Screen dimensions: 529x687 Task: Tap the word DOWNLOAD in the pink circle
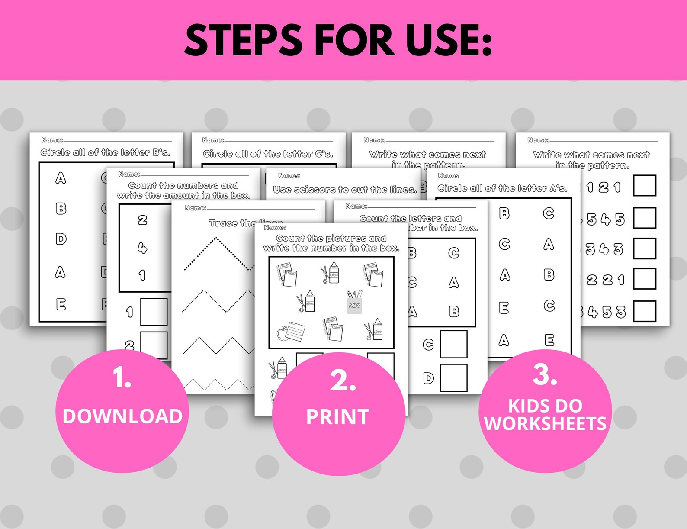pos(122,416)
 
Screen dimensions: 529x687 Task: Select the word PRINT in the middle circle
pos(337,417)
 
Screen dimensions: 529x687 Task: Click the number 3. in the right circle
pos(545,375)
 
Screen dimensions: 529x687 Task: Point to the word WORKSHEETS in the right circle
pos(545,424)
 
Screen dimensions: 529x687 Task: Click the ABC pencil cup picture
pos(354,302)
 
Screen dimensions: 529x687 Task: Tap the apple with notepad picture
pos(291,332)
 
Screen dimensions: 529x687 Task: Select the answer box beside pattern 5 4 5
pos(645,218)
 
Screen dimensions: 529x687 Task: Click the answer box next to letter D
pos(453,378)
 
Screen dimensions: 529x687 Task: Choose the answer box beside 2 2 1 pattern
pos(645,279)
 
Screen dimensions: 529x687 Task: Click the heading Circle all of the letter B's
pos(106,152)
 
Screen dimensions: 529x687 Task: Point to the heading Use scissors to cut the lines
pos(345,190)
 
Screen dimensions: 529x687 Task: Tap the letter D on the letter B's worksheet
pos(61,239)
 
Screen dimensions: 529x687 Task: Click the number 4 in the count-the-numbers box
pos(142,248)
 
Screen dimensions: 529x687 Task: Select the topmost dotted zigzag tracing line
pos(216,253)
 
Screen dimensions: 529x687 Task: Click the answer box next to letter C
pos(453,345)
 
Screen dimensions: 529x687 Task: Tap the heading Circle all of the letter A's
pos(502,188)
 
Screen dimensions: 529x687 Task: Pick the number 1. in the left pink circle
pos(122,377)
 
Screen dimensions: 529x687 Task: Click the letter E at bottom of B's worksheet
pos(61,305)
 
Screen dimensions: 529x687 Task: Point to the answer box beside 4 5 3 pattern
pos(645,311)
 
